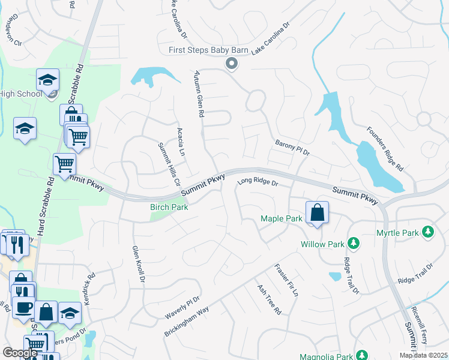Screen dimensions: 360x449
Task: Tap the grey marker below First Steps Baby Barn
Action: click(x=231, y=62)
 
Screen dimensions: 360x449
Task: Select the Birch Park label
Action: click(x=169, y=208)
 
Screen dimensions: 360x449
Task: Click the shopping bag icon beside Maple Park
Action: click(x=316, y=213)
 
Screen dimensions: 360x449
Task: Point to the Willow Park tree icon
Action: click(x=354, y=244)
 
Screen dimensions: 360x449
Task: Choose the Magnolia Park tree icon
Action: click(x=361, y=355)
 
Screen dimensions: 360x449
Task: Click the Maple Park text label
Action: click(x=282, y=218)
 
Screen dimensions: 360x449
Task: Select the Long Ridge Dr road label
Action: click(x=258, y=182)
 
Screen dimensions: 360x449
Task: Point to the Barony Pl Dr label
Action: click(x=292, y=147)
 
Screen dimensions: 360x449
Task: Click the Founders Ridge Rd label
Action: click(x=384, y=147)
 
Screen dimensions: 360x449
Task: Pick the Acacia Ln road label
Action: click(x=181, y=142)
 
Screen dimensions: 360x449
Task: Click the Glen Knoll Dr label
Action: click(x=139, y=264)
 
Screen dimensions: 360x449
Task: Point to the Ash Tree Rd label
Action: click(x=269, y=300)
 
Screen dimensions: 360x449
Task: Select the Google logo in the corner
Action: click(x=20, y=353)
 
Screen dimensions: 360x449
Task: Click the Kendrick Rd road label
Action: click(x=90, y=290)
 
